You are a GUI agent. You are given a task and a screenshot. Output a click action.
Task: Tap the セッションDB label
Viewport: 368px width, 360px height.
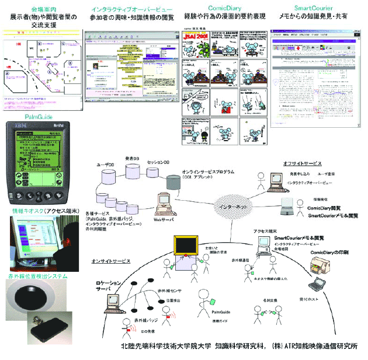coord(157,162)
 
